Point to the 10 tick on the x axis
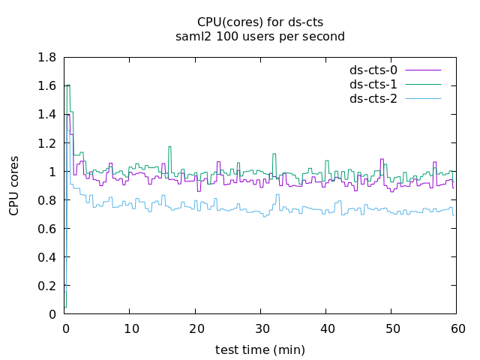click(130, 328)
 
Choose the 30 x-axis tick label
click(260, 328)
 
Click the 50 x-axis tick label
click(391, 328)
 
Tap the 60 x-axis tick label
click(457, 328)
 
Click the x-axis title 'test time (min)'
click(260, 349)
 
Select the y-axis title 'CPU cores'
click(14, 186)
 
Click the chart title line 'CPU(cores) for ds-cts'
click(260, 22)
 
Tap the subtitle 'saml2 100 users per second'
click(260, 36)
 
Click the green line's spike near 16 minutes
click(169, 147)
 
